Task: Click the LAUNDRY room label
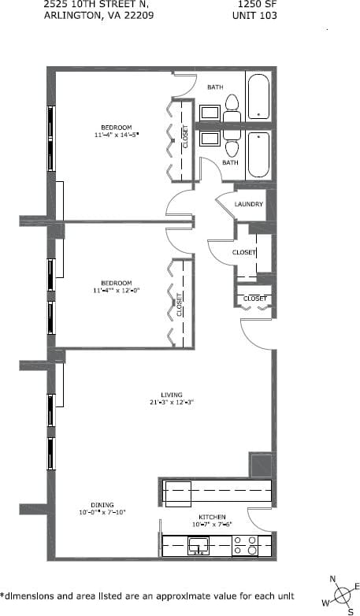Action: tap(248, 204)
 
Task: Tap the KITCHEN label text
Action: tap(212, 517)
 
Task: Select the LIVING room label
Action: tap(171, 394)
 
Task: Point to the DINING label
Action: tap(102, 505)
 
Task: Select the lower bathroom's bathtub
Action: tap(258, 154)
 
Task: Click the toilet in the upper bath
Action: tap(232, 106)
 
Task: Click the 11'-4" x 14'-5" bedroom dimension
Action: tap(116, 135)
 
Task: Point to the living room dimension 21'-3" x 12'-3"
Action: tap(171, 402)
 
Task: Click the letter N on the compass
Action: tap(332, 580)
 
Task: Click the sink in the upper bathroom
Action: tap(210, 112)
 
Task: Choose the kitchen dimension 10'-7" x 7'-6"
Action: tap(212, 525)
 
